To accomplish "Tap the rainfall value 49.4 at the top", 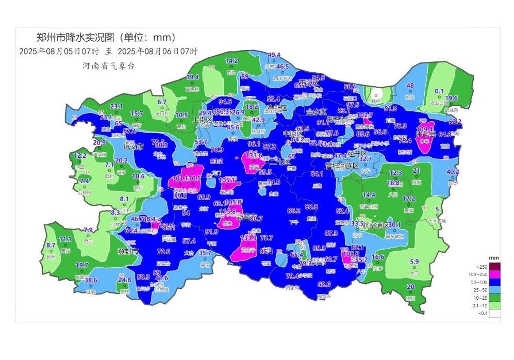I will coord(274,55).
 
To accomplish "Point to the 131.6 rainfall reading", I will coord(254,155).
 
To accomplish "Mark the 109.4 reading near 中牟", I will coord(425,129).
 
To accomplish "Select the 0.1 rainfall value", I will coord(439,91).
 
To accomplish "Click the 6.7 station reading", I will coord(162,102).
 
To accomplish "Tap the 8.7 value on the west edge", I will coord(51,245).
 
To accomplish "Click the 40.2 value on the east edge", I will coord(452,172).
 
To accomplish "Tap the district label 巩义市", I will coord(133,147).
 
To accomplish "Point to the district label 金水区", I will coord(317,112).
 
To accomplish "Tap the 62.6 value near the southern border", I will coord(324,284).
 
